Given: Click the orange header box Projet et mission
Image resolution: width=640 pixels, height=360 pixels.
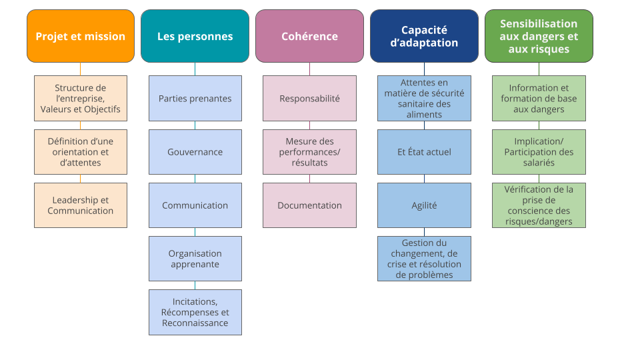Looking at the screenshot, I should (80, 36).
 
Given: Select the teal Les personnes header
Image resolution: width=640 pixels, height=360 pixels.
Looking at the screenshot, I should (195, 36).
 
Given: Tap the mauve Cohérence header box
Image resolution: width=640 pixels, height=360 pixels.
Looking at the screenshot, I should (309, 36).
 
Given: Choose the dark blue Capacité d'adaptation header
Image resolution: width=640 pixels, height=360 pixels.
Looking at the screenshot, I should (424, 36).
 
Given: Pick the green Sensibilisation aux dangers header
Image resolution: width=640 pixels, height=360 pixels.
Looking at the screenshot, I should (539, 36).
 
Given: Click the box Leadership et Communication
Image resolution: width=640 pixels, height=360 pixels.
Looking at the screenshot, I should (80, 205).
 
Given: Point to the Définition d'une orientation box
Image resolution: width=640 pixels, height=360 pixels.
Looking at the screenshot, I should (80, 152).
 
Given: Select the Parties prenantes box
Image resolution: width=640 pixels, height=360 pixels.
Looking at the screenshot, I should (195, 99).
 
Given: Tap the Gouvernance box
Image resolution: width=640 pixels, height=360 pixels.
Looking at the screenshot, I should (195, 152).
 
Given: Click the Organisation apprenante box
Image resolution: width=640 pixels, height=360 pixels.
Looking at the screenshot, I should (195, 259).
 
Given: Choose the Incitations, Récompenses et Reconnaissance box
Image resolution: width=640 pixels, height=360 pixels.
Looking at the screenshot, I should (195, 312).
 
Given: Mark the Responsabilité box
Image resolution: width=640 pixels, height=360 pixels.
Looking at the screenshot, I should (309, 99).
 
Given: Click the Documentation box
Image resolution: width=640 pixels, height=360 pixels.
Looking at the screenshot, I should (309, 205).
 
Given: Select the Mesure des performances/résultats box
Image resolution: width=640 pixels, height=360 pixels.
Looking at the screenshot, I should (309, 152).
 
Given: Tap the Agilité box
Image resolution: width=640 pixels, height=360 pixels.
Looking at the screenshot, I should (424, 205).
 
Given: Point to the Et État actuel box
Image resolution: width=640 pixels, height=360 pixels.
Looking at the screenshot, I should (424, 152).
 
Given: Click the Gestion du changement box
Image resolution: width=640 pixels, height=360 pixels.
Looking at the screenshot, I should (424, 259).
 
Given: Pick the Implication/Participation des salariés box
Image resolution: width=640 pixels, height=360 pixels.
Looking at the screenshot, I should (539, 152).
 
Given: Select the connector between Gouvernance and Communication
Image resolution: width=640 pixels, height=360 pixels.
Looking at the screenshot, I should (195, 179).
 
